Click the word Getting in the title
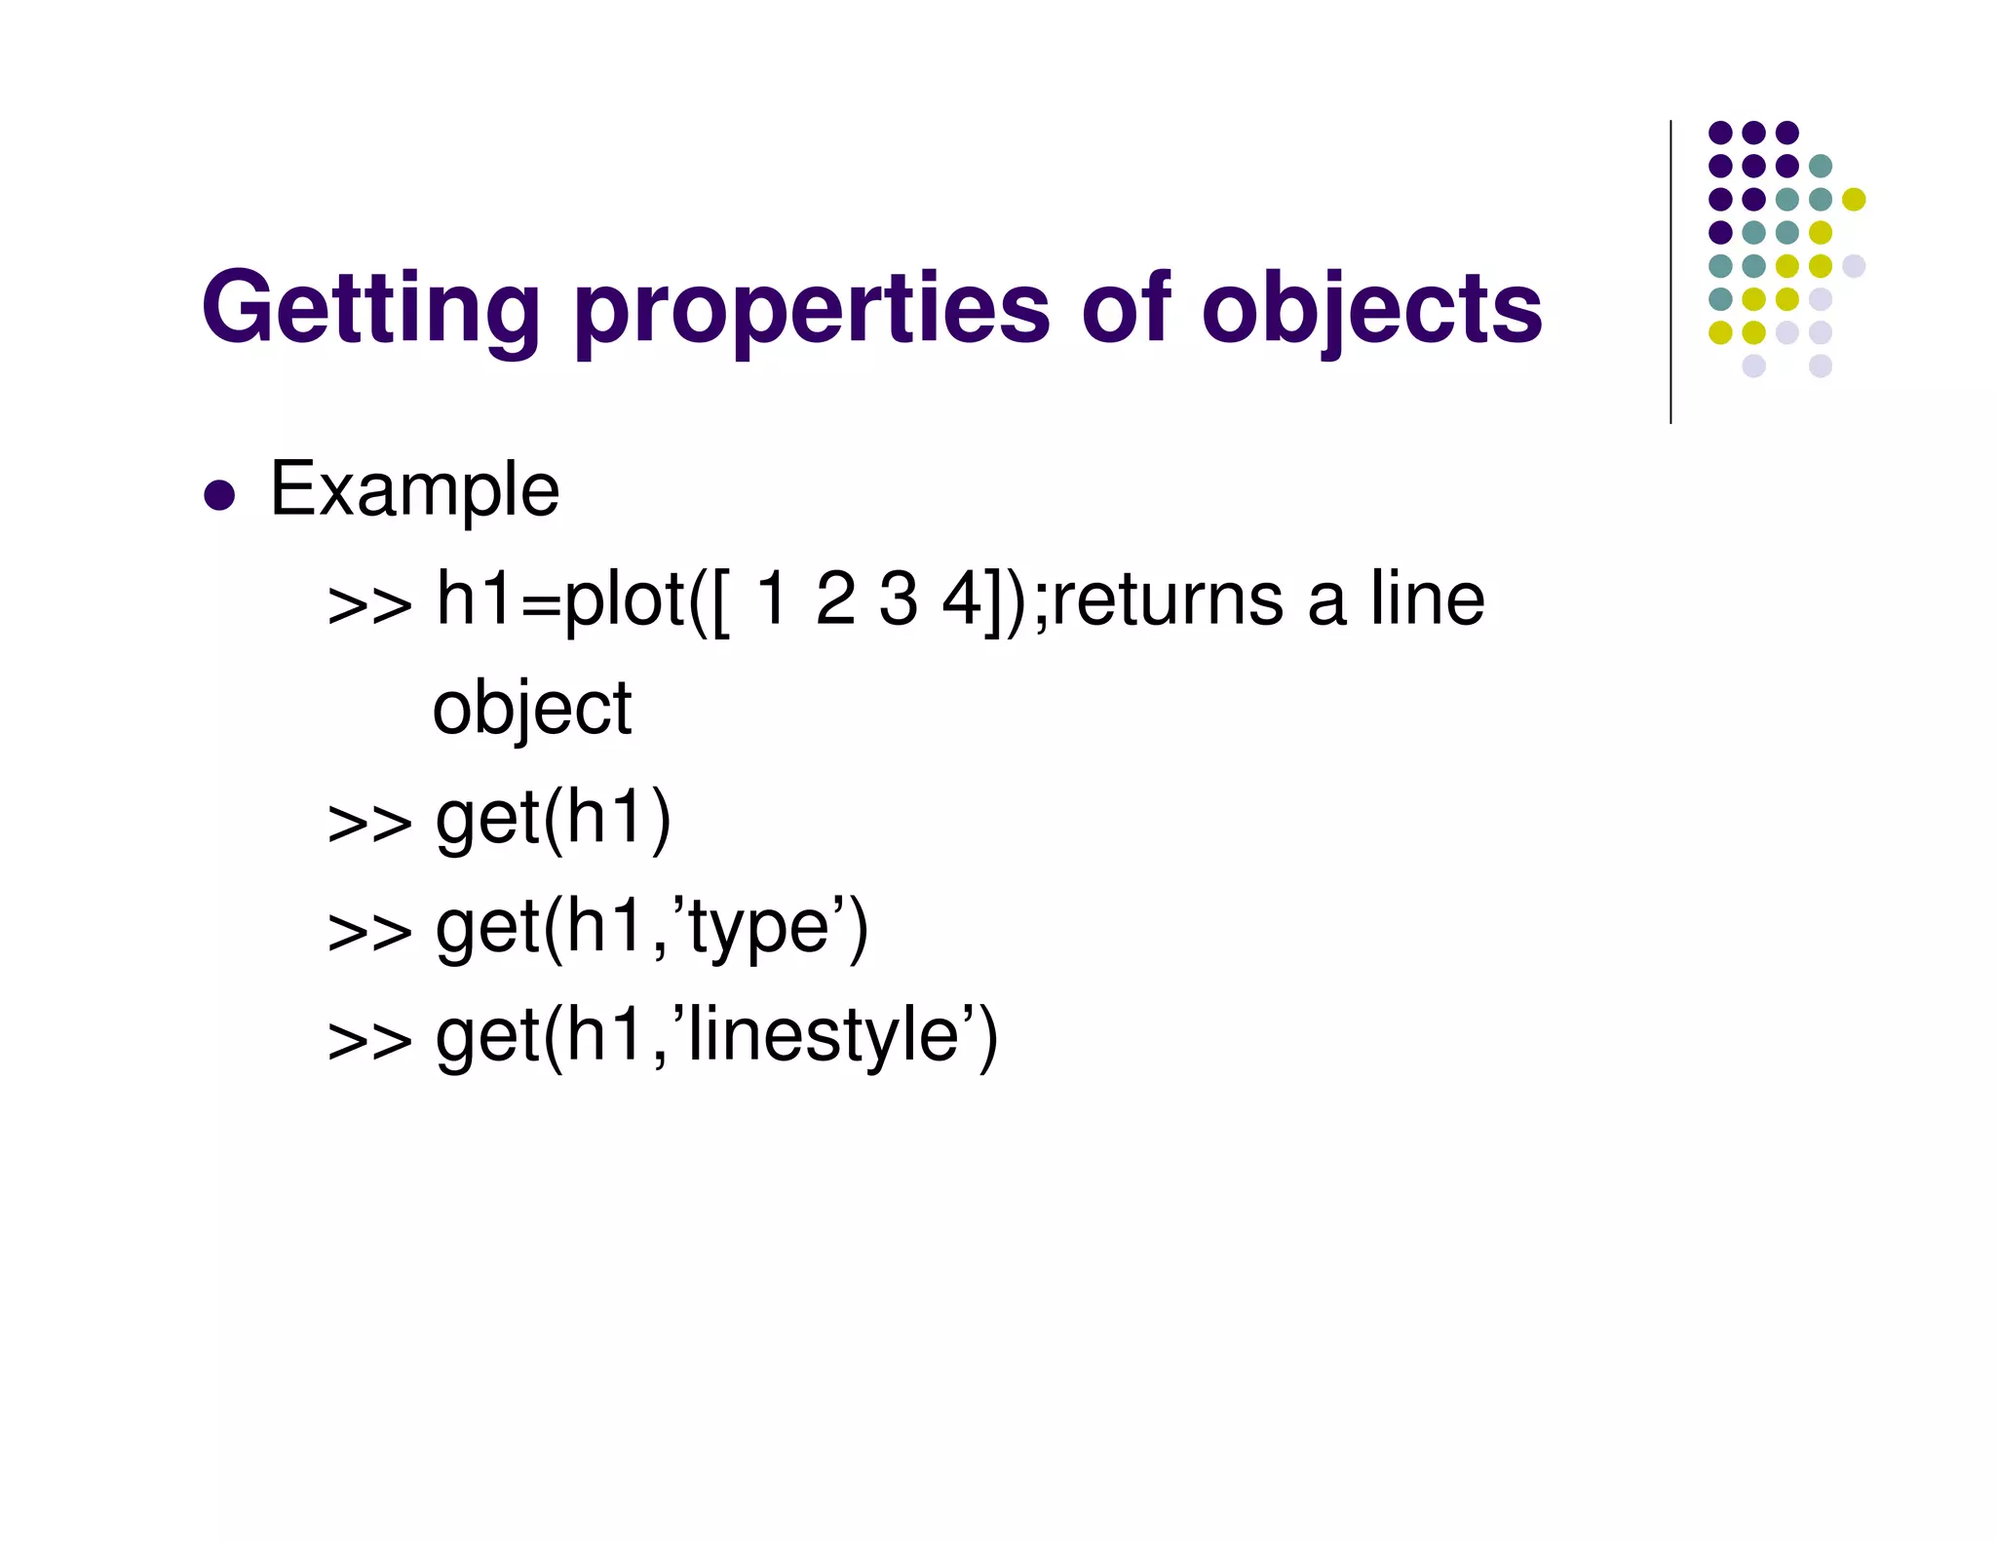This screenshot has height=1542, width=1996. pos(370,310)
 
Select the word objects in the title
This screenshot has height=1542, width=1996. pos(1371,310)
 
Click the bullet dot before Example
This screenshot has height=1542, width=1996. pos(220,494)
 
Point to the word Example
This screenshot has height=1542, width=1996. pos(414,490)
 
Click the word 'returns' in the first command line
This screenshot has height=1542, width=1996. pos(1167,599)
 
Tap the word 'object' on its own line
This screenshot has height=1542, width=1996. pos(532,709)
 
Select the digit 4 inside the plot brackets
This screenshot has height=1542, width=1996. pos(961,598)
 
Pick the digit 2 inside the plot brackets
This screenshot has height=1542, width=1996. pos(836,598)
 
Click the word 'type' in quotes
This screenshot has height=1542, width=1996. pos(758,928)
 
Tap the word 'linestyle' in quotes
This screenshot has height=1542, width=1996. pos(825,1035)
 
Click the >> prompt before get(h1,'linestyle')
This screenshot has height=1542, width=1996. pos(369,1041)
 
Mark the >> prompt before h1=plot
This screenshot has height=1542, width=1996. pos(369,605)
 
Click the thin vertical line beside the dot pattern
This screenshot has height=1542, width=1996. pos(1670,272)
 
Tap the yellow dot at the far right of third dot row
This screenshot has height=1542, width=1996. pos(1854,199)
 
